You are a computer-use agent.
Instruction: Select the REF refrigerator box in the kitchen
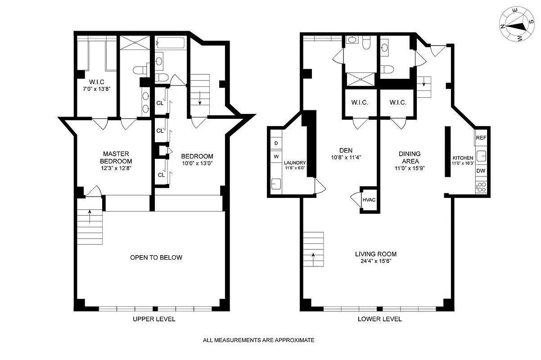[481, 138]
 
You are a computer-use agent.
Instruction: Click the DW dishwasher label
[481, 171]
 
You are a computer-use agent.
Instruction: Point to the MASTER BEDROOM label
[116, 157]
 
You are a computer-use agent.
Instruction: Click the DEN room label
[345, 150]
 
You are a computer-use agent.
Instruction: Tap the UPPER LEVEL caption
[153, 319]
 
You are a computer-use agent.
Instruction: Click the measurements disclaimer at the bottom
[258, 340]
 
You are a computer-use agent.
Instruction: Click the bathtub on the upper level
[170, 43]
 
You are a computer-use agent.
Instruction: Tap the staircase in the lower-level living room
[313, 249]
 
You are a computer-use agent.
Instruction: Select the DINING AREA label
[409, 157]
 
